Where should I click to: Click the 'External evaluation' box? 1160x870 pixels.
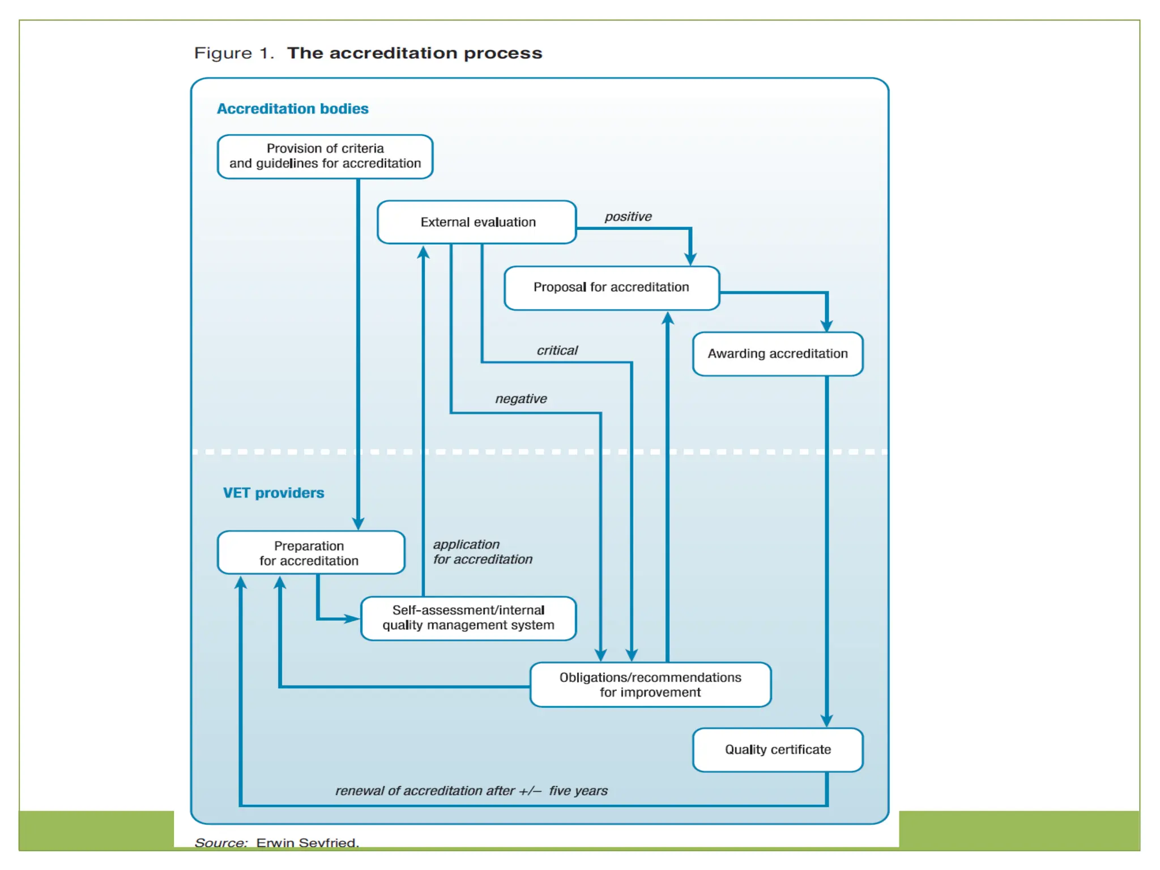click(477, 222)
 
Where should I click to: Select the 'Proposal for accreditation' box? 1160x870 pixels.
click(611, 288)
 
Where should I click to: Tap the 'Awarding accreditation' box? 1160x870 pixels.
click(777, 354)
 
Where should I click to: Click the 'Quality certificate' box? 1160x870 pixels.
click(777, 750)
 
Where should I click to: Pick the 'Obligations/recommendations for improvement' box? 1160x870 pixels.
click(650, 685)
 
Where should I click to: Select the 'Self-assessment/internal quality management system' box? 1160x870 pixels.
click(468, 618)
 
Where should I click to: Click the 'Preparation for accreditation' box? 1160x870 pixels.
click(310, 553)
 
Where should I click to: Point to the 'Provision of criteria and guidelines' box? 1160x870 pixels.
click(325, 156)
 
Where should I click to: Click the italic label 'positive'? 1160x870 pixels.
click(628, 217)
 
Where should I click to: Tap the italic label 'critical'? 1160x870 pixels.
click(557, 351)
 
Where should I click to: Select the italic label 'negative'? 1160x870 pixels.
click(521, 399)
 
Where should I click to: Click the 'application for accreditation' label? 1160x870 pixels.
click(481, 552)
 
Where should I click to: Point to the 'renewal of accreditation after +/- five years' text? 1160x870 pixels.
click(471, 791)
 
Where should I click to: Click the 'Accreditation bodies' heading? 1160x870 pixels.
click(292, 109)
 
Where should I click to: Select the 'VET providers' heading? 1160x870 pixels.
click(273, 493)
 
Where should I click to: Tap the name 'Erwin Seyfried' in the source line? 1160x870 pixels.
click(307, 843)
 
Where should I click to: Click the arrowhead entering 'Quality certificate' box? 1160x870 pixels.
click(826, 721)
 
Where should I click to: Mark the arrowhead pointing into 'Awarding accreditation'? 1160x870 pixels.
click(826, 326)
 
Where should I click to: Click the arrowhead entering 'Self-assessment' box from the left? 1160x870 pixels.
click(352, 619)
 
